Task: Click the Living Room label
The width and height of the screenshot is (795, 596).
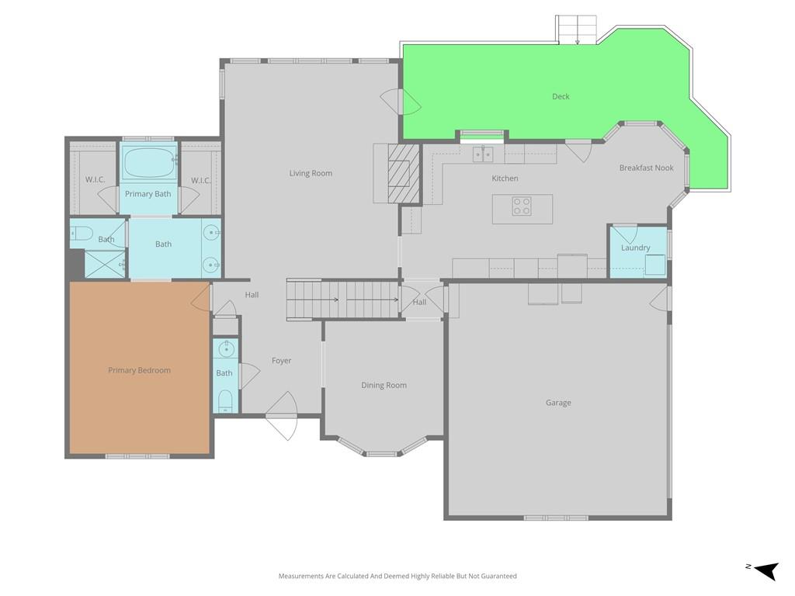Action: tap(311, 173)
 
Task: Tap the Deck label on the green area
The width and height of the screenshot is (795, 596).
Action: tap(561, 96)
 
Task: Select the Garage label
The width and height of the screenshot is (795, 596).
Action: tap(558, 403)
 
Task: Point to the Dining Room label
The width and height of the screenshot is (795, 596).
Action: tap(384, 385)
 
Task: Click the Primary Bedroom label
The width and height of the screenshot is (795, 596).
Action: tap(140, 370)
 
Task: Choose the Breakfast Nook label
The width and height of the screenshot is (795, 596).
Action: tap(647, 168)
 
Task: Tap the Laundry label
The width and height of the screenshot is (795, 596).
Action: tap(635, 248)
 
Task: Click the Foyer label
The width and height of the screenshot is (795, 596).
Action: tap(281, 361)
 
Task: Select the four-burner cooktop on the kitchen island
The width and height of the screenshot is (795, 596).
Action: tap(522, 206)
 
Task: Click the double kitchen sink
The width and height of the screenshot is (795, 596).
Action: tap(483, 154)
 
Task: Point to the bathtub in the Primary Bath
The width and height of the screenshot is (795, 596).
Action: tap(149, 162)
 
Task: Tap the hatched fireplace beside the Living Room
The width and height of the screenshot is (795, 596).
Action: tap(404, 173)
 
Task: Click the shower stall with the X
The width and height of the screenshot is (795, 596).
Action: tap(105, 264)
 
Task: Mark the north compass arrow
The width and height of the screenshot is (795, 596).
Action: tap(766, 570)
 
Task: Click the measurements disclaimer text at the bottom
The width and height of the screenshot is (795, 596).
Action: tap(397, 577)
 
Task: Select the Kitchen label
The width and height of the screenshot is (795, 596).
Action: tap(505, 178)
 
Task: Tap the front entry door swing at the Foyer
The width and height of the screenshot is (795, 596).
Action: tap(282, 416)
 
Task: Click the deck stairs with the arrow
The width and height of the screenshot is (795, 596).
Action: tap(577, 29)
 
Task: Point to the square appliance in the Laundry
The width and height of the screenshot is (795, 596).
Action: tap(655, 265)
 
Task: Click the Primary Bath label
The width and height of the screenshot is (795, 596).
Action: tap(148, 194)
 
